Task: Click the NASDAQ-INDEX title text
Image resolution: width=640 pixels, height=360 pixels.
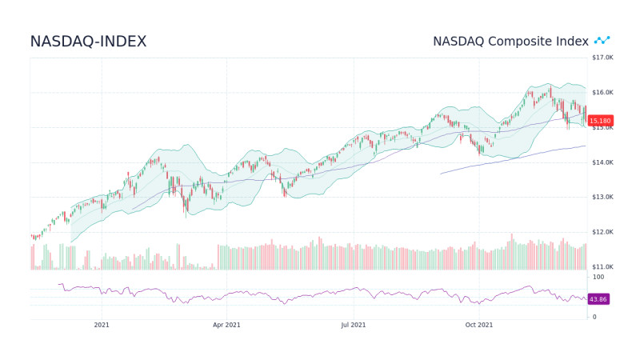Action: point(88,42)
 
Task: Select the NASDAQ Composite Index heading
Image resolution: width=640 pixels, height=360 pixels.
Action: point(510,41)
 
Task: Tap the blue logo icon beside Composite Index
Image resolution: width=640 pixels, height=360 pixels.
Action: point(602,40)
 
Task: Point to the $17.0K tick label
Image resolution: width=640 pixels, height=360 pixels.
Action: point(602,58)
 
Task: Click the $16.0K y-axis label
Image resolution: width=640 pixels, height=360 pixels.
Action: point(602,93)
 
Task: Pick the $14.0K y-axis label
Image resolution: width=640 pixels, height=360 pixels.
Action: point(602,162)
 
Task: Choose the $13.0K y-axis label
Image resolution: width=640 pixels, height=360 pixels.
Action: point(602,197)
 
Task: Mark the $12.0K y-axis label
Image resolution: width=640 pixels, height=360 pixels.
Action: point(602,232)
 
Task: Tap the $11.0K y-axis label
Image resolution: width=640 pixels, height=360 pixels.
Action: point(602,266)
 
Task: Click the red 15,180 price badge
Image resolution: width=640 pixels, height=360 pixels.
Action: point(600,121)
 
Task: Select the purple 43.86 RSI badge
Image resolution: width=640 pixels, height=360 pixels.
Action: point(598,299)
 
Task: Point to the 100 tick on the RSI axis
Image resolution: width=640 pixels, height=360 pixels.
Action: point(598,277)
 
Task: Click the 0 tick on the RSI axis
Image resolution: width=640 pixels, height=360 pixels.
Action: point(594,317)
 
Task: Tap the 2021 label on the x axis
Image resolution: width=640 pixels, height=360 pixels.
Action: point(102,325)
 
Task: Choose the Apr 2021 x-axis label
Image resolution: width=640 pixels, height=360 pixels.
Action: point(226,325)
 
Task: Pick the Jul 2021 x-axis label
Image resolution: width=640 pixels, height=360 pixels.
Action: point(354,325)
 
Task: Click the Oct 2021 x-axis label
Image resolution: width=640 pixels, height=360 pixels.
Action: point(479,325)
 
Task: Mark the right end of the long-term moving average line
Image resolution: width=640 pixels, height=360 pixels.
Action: point(586,146)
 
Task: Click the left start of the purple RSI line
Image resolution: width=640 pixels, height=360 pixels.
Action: point(59,284)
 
